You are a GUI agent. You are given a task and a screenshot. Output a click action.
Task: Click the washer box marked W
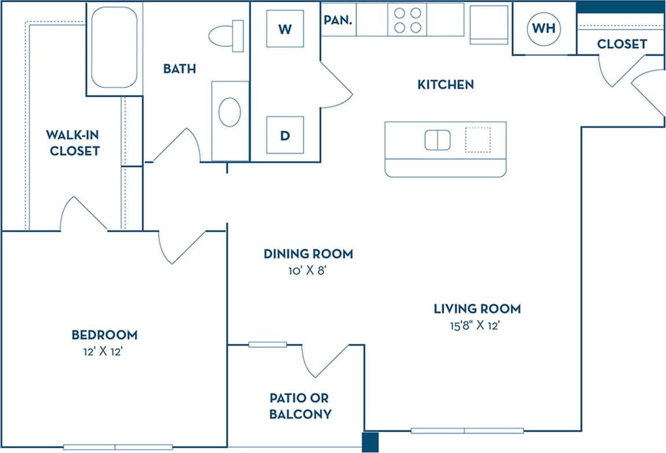[x=284, y=29]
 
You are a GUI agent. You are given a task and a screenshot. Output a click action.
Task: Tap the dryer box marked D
[x=284, y=135]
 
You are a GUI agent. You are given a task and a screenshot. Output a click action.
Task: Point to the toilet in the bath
[x=226, y=35]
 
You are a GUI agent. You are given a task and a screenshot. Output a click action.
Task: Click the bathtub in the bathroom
[x=114, y=47]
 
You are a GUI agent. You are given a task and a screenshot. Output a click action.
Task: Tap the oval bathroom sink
[x=230, y=112]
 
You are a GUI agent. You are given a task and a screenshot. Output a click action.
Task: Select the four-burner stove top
[x=407, y=20]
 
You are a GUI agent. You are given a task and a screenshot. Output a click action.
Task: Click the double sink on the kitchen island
[x=437, y=140]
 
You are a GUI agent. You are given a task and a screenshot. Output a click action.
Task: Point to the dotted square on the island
[x=478, y=140]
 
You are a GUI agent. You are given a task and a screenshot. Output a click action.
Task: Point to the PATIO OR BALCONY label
[x=300, y=406]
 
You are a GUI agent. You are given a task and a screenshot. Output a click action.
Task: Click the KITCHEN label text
[x=445, y=84]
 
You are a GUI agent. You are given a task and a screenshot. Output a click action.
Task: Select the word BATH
[x=179, y=69]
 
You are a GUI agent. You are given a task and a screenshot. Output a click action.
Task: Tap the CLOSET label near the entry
[x=621, y=44]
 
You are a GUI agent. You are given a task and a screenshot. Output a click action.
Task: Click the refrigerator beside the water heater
[x=489, y=24]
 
